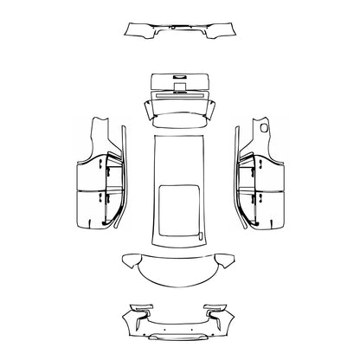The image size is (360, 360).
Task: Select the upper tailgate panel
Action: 181,82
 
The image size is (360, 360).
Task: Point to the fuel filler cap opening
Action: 263,127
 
